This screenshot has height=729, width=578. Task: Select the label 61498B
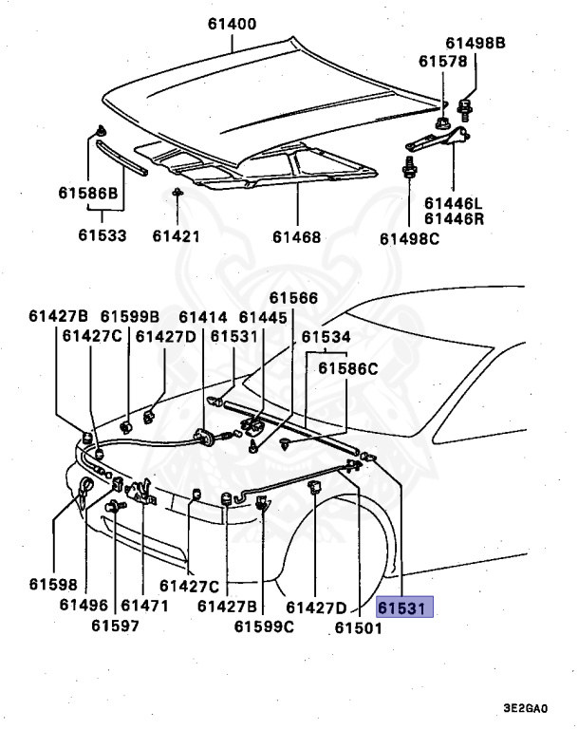coord(475,44)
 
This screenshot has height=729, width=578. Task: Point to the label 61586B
coord(87,194)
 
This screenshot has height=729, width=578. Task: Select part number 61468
coord(296,236)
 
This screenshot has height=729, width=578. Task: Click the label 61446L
coord(453,203)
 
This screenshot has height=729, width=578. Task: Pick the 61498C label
coord(410,237)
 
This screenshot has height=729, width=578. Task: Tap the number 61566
coord(293,298)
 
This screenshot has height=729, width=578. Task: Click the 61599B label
coord(129,316)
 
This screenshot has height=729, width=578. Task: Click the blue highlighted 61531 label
coord(405,607)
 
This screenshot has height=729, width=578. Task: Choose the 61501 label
coord(358,626)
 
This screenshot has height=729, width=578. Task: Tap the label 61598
coord(53,586)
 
